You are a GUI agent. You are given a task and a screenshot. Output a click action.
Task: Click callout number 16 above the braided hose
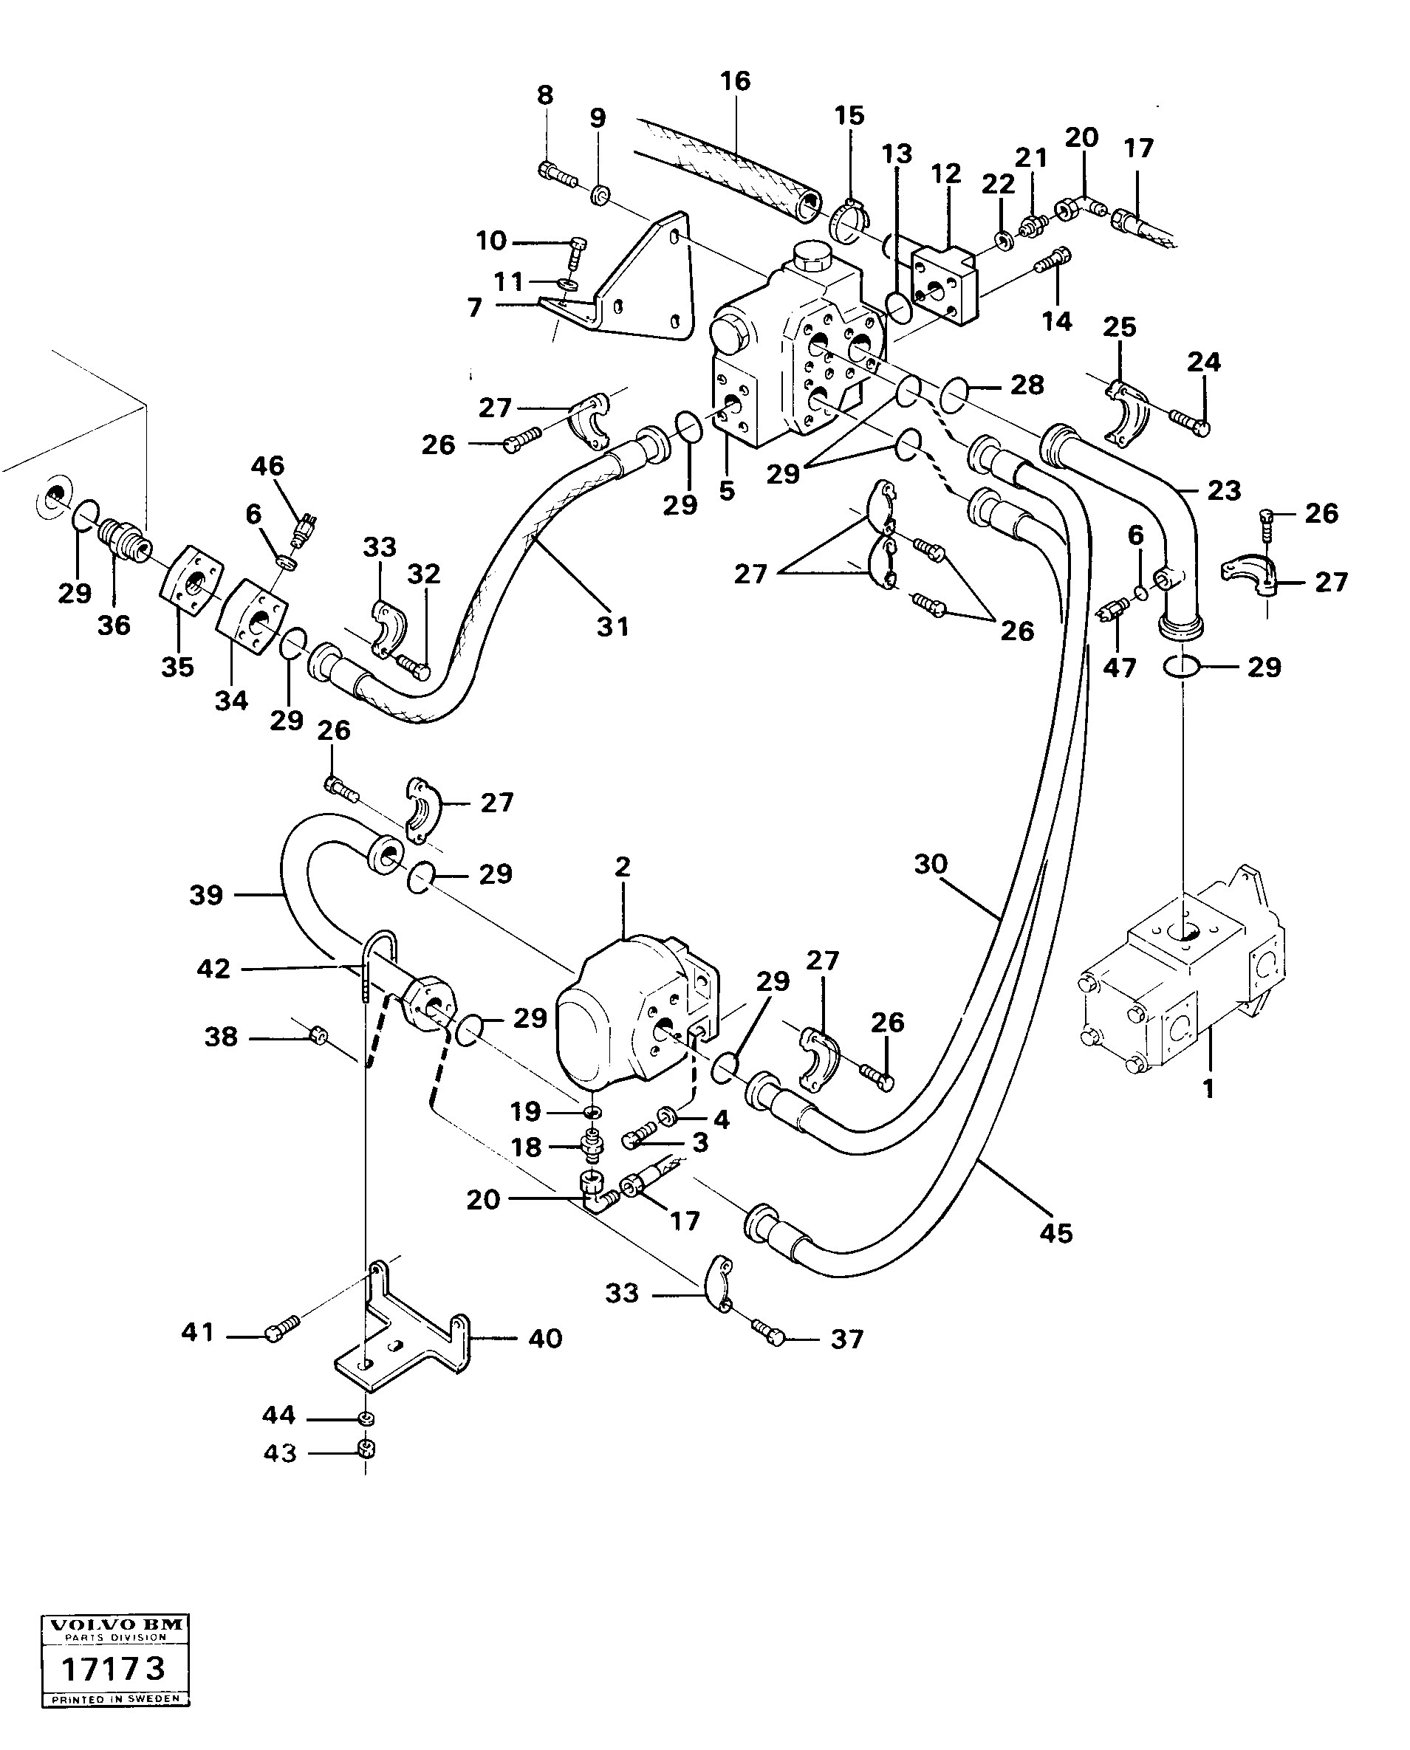point(735,81)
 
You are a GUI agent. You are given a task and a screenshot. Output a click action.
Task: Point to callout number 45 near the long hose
point(1056,1234)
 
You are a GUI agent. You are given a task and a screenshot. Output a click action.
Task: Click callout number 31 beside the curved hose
point(613,627)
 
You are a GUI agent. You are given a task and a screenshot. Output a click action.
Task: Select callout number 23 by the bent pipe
point(1224,490)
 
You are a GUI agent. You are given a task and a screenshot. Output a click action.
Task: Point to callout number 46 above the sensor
point(267,466)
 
